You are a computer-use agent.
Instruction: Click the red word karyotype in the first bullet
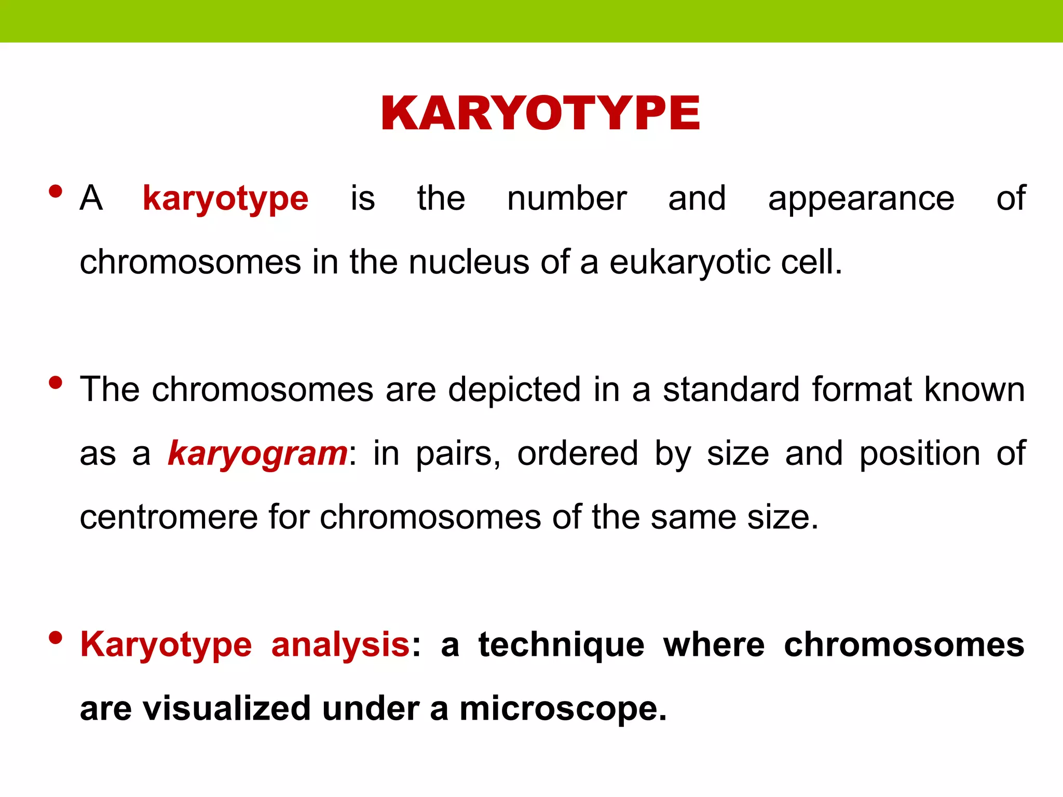coord(225,198)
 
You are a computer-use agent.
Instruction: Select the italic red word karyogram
coord(257,454)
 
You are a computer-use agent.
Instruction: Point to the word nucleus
coord(469,262)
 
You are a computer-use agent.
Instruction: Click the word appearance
coord(861,198)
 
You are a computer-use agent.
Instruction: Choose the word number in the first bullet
coord(567,198)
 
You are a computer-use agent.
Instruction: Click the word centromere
coord(168,517)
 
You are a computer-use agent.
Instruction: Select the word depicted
coord(514,390)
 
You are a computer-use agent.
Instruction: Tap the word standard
coord(731,390)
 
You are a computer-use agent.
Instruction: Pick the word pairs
coord(458,454)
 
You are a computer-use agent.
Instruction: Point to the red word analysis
coord(340,645)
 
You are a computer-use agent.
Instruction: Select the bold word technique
coord(561,645)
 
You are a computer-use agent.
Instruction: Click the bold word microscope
coord(563,709)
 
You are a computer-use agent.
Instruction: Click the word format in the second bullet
coord(861,390)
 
